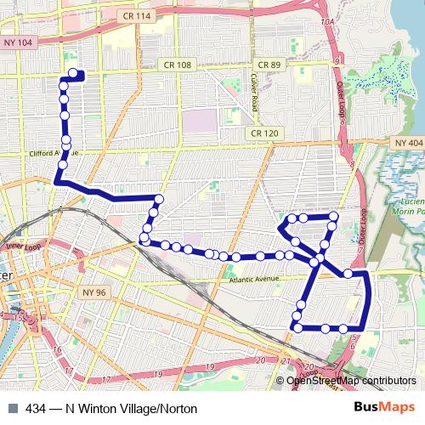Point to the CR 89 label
click(x=269, y=65)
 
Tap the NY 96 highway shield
click(x=94, y=292)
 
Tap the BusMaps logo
click(x=385, y=408)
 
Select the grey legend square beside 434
click(x=11, y=409)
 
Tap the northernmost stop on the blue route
click(x=72, y=73)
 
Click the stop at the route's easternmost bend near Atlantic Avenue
click(x=348, y=274)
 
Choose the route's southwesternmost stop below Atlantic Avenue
click(x=297, y=327)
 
